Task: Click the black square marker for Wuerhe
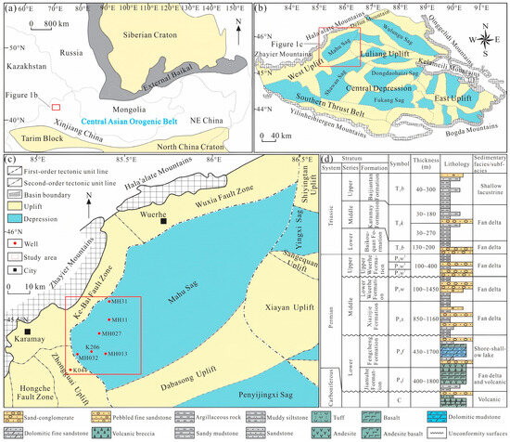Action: point(163,222)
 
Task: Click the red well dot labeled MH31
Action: point(109,302)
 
